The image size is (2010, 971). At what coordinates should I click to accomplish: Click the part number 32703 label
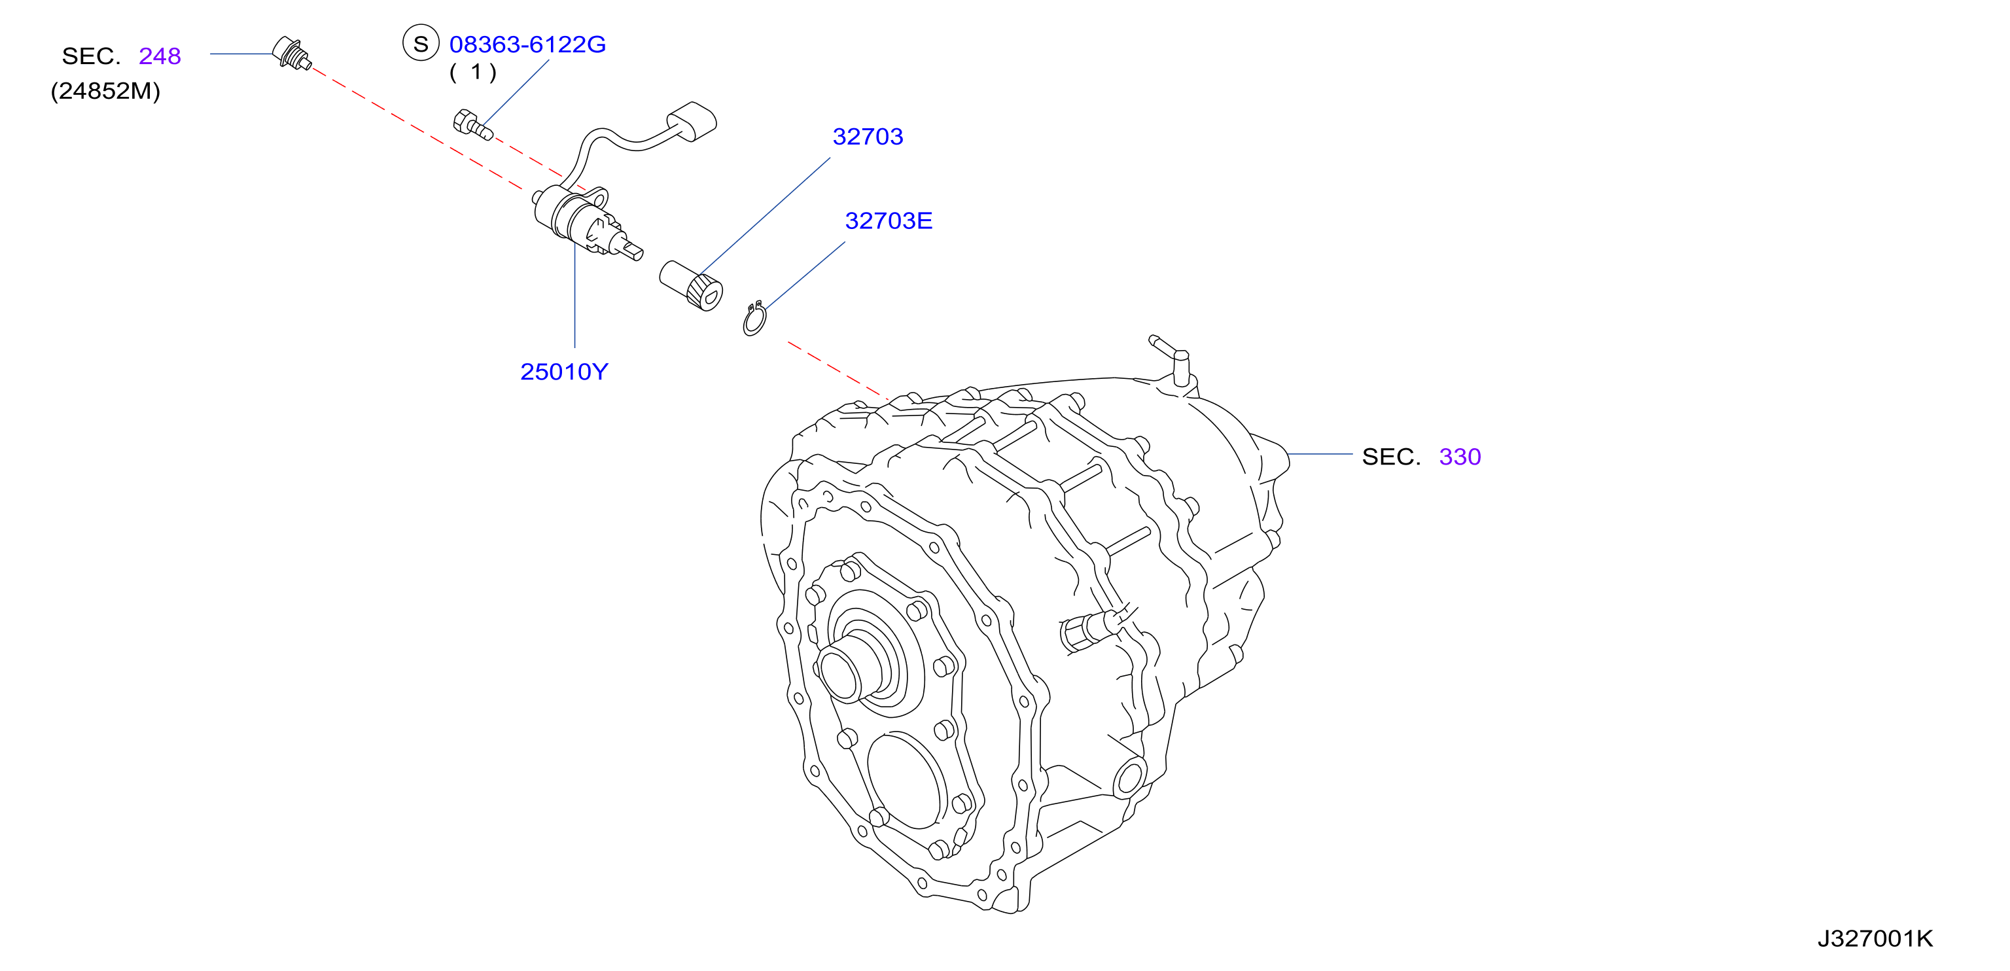pyautogui.click(x=868, y=137)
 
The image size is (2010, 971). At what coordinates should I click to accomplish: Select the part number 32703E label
pyautogui.click(x=889, y=221)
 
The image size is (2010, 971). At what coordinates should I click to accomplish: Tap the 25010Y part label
pyautogui.click(x=564, y=372)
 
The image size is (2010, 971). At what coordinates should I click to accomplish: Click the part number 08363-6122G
pyautogui.click(x=527, y=44)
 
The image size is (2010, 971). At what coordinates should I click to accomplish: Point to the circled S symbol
pyautogui.click(x=421, y=44)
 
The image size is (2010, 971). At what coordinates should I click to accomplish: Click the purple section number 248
pyautogui.click(x=160, y=56)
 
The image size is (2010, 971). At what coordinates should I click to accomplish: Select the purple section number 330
pyautogui.click(x=1460, y=457)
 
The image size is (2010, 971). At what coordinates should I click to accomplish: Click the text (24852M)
pyautogui.click(x=105, y=92)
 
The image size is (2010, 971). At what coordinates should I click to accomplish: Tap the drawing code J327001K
pyautogui.click(x=1875, y=938)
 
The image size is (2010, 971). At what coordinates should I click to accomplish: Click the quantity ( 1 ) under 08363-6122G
pyautogui.click(x=473, y=73)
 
